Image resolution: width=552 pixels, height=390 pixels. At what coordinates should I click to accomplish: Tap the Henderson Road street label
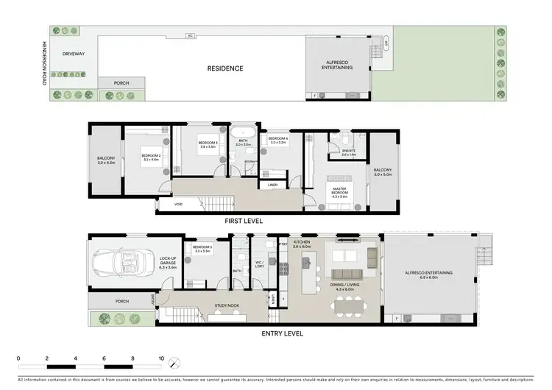click(44, 63)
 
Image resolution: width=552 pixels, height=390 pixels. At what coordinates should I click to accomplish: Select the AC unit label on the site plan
click(189, 35)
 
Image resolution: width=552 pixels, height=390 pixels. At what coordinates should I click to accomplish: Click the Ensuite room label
click(349, 153)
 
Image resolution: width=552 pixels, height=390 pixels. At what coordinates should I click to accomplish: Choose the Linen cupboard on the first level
click(273, 184)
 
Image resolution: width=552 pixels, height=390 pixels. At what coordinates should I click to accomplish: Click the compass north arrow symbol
click(174, 363)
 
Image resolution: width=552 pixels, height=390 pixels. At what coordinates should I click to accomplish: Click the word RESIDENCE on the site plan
click(224, 68)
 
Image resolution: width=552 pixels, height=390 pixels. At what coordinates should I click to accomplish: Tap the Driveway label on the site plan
click(74, 54)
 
